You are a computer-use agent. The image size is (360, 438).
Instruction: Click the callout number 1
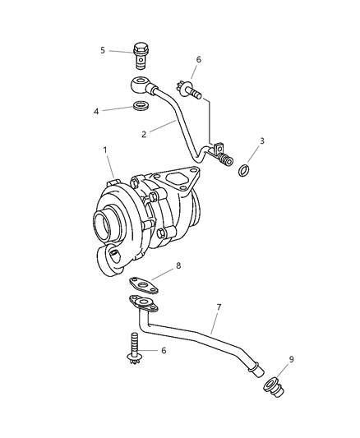click(x=104, y=150)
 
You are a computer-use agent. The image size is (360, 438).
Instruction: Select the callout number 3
click(x=261, y=141)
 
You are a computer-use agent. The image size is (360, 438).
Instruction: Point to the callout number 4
click(x=96, y=110)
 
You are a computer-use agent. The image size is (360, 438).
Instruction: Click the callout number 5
click(x=103, y=50)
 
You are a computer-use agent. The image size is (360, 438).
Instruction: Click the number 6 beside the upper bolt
click(x=198, y=60)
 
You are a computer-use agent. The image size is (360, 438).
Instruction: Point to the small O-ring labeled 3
click(x=244, y=170)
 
